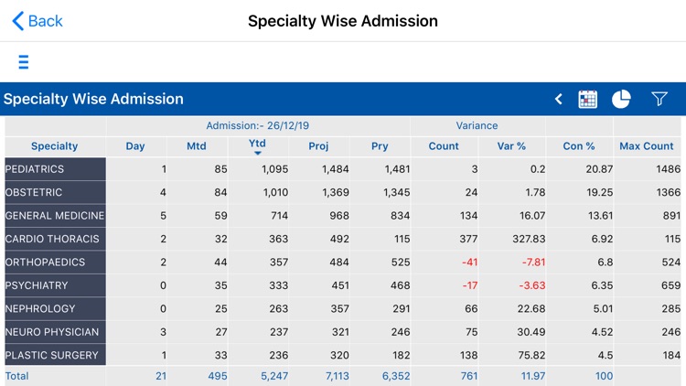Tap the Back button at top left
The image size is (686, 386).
click(37, 21)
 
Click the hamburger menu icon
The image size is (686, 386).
click(23, 62)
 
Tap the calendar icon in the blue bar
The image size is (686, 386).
click(588, 99)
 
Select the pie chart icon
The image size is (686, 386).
click(621, 99)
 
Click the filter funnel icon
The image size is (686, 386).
click(659, 99)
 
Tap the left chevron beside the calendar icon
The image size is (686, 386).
click(558, 99)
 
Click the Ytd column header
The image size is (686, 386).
click(257, 145)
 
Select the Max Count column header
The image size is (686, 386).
click(646, 146)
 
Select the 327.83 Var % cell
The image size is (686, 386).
click(527, 239)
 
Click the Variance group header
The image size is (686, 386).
click(477, 125)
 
